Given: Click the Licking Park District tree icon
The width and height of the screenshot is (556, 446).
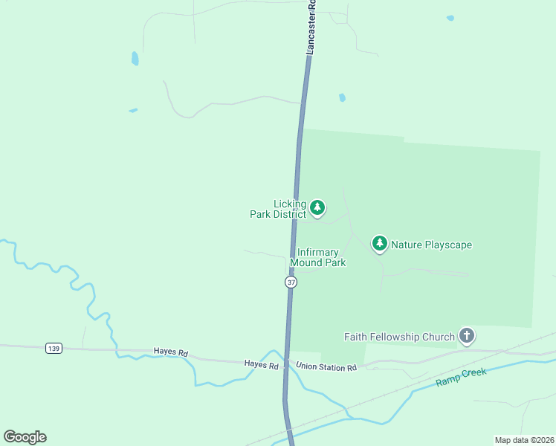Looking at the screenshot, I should click(x=317, y=207).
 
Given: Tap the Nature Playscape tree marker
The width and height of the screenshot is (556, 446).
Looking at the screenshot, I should click(x=380, y=243).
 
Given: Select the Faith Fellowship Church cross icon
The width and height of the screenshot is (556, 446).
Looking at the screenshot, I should click(x=467, y=336).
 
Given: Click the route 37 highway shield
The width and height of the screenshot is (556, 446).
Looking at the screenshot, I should click(x=291, y=282).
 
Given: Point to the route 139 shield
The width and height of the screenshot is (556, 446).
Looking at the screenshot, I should click(x=53, y=348).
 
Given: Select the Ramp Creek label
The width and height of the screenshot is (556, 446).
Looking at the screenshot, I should click(x=461, y=377).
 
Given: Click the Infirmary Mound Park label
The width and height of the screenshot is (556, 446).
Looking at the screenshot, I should click(x=317, y=257).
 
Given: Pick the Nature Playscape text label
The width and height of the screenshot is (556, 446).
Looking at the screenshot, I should click(x=431, y=245).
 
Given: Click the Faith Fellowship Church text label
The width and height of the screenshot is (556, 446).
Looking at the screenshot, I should click(x=399, y=337).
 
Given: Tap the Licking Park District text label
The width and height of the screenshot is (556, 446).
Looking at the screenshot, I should click(x=279, y=209).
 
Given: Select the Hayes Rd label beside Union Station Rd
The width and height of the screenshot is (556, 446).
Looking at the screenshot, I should click(x=261, y=364).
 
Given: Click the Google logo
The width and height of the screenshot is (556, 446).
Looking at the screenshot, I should click(x=25, y=437).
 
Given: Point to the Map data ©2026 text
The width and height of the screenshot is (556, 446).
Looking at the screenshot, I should click(x=524, y=439).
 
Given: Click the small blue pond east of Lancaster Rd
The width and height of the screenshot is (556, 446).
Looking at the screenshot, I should click(x=342, y=97).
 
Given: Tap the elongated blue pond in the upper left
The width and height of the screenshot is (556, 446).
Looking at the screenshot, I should click(x=135, y=58).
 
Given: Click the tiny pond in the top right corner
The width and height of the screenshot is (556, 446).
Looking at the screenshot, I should click(x=450, y=18).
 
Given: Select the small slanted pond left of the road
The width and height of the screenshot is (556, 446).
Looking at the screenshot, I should click(x=133, y=111).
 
